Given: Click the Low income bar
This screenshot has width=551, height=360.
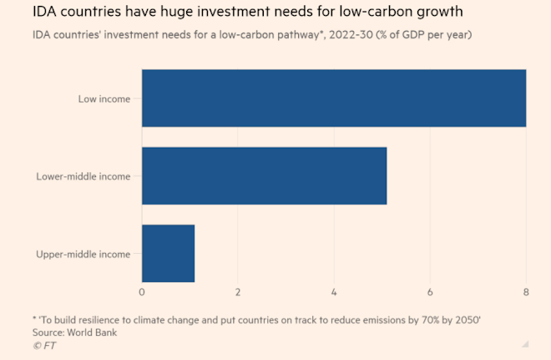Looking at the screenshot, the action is click(x=334, y=98).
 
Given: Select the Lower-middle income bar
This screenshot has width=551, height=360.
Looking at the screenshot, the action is click(x=265, y=175).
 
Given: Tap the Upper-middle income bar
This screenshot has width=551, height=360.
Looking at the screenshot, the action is click(x=169, y=253).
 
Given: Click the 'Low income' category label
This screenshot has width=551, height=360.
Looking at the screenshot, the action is click(x=104, y=99).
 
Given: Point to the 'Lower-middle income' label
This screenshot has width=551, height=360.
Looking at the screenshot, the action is click(x=83, y=176).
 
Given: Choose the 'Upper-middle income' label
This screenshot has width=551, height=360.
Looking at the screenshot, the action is click(x=83, y=254).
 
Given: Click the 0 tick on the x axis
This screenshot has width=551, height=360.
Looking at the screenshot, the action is click(x=142, y=292).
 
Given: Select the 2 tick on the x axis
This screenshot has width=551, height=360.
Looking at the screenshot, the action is click(x=238, y=292).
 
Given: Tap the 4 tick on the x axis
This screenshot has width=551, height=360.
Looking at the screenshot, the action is click(x=334, y=292).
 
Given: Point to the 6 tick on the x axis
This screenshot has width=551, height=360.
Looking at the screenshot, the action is click(x=430, y=292).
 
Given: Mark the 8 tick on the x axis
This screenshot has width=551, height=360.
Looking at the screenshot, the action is click(x=526, y=292).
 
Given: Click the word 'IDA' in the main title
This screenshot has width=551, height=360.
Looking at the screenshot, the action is click(x=44, y=12).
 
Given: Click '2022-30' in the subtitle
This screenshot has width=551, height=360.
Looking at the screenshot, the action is click(x=351, y=35).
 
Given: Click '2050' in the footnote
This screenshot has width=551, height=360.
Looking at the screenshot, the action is click(x=468, y=320).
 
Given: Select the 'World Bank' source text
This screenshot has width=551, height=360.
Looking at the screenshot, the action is click(x=92, y=332).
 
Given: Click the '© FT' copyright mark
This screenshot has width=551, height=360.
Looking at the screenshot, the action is click(x=44, y=346).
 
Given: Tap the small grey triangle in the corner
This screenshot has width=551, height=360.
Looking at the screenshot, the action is click(x=526, y=344).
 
